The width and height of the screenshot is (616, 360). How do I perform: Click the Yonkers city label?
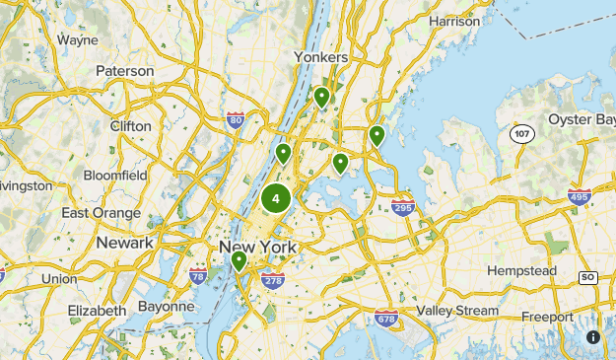coord(321,57)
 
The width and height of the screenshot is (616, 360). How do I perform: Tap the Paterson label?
coord(125,71)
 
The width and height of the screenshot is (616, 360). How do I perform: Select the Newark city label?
coord(124,243)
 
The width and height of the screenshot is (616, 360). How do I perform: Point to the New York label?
coord(257,247)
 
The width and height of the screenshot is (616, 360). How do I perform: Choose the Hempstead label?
coord(523,270)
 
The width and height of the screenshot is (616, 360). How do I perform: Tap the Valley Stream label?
coord(457,311)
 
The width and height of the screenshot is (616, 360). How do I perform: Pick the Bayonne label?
coord(167,306)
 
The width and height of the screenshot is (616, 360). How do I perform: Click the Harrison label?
coord(454,20)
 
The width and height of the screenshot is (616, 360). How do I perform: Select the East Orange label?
coord(102,212)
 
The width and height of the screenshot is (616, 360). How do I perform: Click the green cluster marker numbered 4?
coord(275,198)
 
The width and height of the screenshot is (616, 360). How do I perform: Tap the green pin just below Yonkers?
coord(321,97)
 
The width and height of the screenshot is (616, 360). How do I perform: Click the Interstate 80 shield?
coord(235,120)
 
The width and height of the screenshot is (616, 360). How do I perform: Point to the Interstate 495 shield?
coord(580,196)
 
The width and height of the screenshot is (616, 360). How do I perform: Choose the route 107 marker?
coord(521,132)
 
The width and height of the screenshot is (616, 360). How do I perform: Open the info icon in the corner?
coord(593,337)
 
